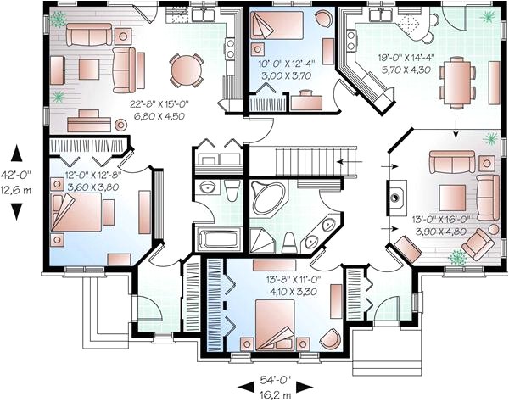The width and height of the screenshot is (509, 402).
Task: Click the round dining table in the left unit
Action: click(x=186, y=70)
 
